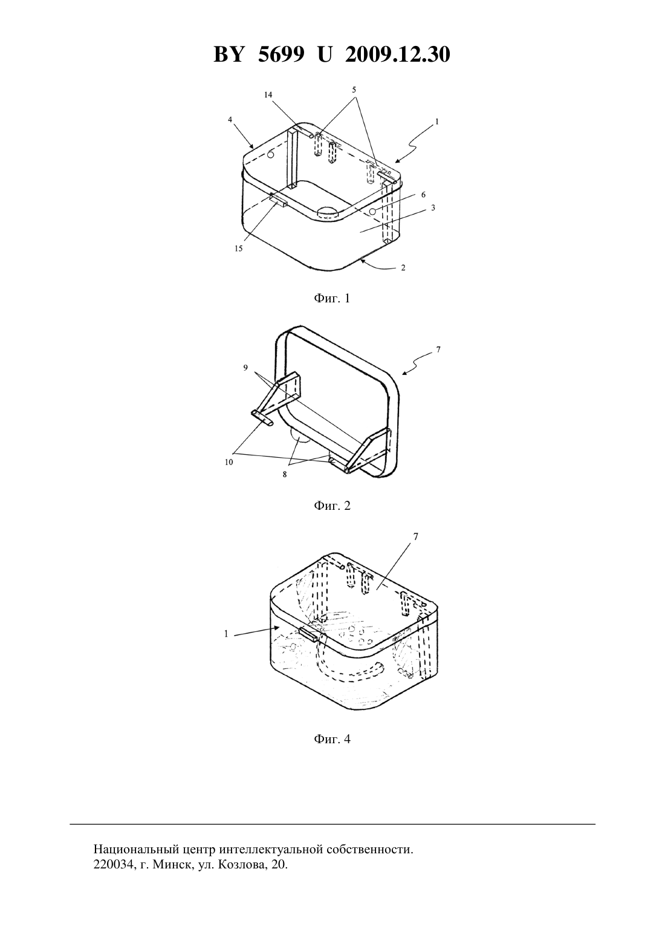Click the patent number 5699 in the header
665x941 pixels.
click(281, 54)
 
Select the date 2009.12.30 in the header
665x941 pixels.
click(398, 54)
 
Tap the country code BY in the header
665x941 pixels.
click(229, 54)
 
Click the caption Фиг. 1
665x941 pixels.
click(332, 299)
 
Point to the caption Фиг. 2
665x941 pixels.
click(332, 506)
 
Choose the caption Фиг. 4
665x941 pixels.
click(332, 739)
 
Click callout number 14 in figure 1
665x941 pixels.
click(268, 95)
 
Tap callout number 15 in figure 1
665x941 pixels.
click(238, 249)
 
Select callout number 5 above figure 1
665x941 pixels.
click(354, 90)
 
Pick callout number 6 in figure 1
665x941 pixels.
click(423, 195)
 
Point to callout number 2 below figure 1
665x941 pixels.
click(403, 267)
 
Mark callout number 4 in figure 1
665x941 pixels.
click(230, 120)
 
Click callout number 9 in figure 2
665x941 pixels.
click(245, 368)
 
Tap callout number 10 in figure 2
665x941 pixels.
click(229, 462)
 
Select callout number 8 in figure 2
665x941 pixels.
click(285, 474)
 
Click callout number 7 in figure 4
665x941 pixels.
click(416, 536)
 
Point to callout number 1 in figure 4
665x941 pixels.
click(226, 634)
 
